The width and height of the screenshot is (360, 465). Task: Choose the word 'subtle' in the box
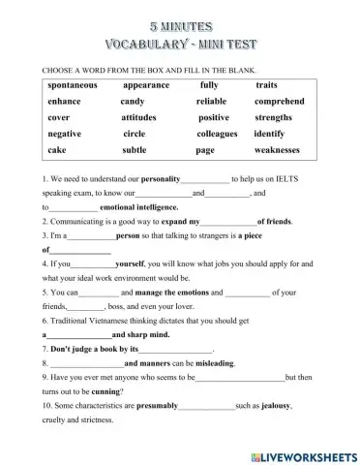coord(135,150)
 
